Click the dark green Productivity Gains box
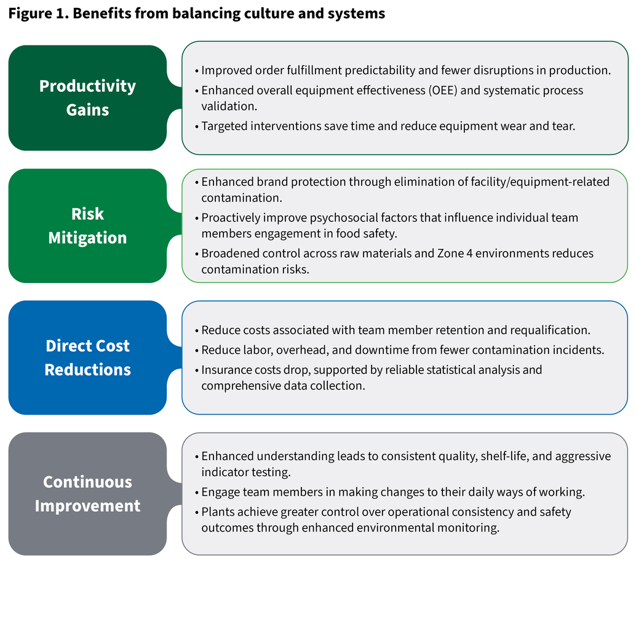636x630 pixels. (x=87, y=98)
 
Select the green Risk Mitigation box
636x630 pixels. (x=87, y=226)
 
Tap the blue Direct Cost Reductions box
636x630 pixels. (x=87, y=357)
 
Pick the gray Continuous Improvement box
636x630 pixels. (x=87, y=493)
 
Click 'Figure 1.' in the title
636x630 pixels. (x=37, y=14)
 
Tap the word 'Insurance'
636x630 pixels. (x=227, y=370)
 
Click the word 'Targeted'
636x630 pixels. (x=225, y=127)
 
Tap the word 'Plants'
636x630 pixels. (x=217, y=512)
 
